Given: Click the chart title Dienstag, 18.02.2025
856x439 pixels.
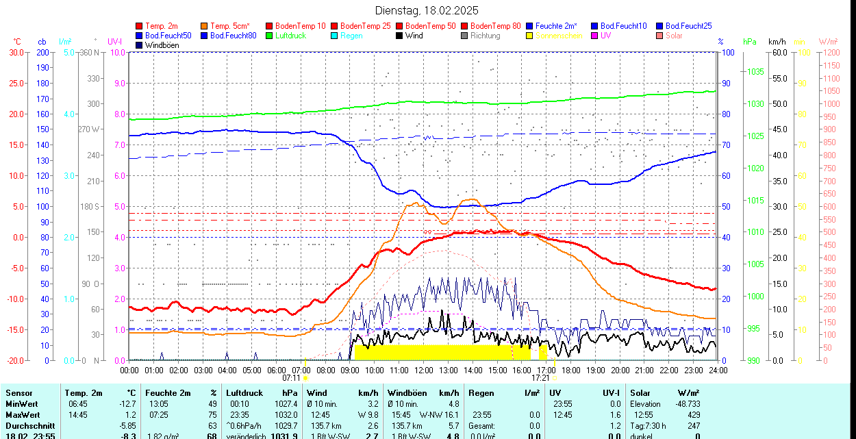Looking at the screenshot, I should [427, 10].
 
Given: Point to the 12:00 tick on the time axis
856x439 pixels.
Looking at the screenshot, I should [423, 370].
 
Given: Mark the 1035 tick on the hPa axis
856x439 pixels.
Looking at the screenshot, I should [755, 71].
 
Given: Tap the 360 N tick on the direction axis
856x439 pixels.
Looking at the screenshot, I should [90, 52].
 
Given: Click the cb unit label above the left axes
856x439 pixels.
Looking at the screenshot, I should [42, 42].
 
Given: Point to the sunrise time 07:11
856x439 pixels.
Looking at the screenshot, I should [292, 377].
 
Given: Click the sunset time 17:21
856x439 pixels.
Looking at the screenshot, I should [540, 377].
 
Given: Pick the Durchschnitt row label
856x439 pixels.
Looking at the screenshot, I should [30, 425].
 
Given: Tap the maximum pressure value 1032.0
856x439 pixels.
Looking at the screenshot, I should [286, 415].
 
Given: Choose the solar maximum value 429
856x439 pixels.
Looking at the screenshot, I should [694, 415].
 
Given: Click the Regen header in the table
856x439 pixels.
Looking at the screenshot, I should [481, 393].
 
